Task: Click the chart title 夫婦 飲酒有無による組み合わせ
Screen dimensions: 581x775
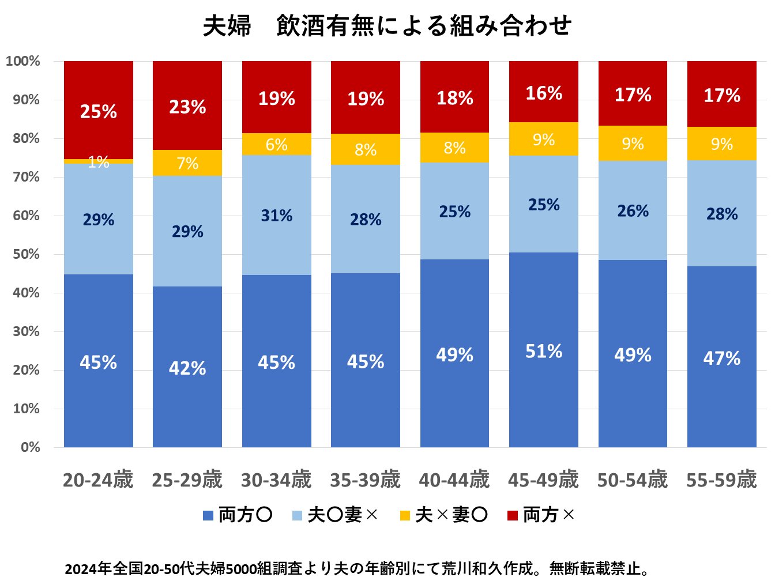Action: click(x=387, y=26)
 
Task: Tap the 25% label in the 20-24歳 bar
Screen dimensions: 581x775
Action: click(x=99, y=111)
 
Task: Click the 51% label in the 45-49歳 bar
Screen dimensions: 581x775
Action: click(x=543, y=351)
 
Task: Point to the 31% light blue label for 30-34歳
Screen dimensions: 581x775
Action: click(x=276, y=216)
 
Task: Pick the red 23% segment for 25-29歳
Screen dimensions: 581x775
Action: click(x=187, y=106)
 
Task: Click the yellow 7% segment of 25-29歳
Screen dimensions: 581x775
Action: click(x=187, y=163)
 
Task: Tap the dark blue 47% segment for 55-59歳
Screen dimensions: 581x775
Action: click(x=721, y=357)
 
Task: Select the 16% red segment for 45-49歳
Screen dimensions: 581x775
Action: click(x=543, y=92)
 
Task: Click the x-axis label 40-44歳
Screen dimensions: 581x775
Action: click(x=454, y=480)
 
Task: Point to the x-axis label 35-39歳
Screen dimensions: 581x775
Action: click(x=365, y=480)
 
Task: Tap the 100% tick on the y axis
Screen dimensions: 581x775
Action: click(x=23, y=61)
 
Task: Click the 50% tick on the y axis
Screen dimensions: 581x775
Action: click(x=27, y=254)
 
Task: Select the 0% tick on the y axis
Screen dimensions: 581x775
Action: click(x=30, y=447)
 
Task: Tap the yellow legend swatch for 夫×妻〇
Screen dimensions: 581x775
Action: click(x=405, y=515)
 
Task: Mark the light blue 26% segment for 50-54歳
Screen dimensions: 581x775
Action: click(x=633, y=210)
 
